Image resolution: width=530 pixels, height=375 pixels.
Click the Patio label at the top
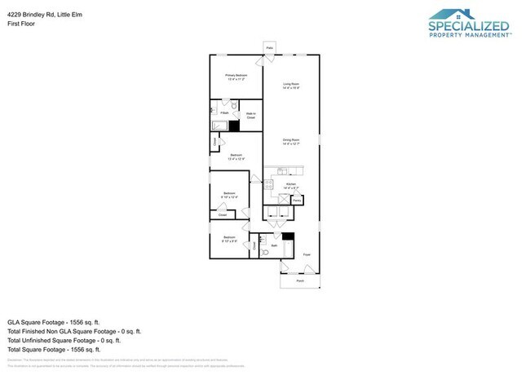click(269, 49)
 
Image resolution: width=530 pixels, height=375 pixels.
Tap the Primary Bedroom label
click(236, 77)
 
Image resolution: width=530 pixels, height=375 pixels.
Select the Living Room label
click(291, 86)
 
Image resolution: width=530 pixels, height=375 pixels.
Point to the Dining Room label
click(291, 142)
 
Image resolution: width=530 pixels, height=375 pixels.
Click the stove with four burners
click(267, 183)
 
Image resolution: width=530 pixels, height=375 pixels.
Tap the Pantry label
click(298, 199)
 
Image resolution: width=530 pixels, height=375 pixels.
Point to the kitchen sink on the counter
click(282, 170)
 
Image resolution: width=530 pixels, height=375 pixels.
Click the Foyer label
click(307, 255)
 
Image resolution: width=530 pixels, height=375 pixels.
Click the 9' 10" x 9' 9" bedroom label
click(230, 239)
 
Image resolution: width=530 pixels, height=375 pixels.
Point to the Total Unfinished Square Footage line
click(64, 340)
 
